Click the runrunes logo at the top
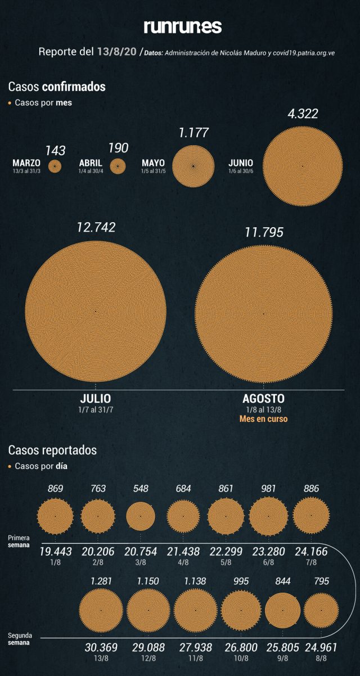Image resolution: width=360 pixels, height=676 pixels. pos(183,26)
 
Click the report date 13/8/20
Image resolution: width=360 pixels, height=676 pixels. pos(117,52)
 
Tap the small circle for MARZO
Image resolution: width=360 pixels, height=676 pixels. pos(55,166)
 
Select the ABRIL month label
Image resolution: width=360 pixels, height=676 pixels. pos(91,163)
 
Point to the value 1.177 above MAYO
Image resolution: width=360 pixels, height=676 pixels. pos(193,133)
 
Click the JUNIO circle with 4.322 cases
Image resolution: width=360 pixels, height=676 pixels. pos(303,166)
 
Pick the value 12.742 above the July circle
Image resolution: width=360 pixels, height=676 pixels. pos(96,227)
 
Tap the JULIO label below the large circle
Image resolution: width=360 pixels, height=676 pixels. pos(96,399)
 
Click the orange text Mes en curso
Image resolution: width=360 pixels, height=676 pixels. pos(263,419)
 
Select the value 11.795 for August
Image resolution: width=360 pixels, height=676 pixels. pos(264,232)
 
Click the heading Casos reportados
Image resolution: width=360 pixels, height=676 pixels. pos(52,450)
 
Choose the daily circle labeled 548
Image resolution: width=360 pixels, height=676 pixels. pos(141,516)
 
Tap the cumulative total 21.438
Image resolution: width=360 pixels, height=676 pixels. pos(183,552)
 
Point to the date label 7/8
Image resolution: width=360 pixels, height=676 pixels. pos(311,562)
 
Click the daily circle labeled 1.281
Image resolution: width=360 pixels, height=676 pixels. pos(101,610)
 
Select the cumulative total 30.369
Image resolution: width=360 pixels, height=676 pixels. pos(101,647)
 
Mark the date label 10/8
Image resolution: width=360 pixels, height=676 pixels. pos(241,658)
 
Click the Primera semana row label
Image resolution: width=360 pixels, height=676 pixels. pos(19,542)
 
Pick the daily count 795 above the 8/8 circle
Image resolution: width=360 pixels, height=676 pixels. pos(321,582)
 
